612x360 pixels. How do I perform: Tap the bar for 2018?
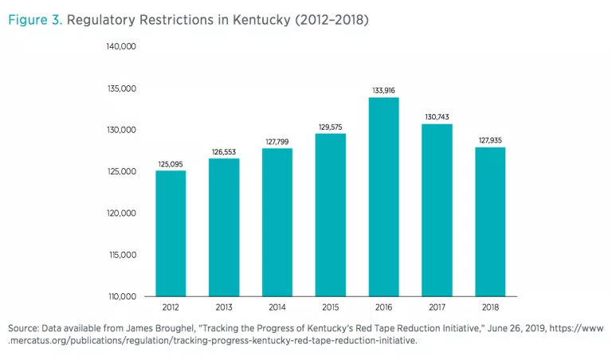pyautogui.click(x=490, y=222)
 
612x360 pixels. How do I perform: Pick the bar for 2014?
pyautogui.click(x=277, y=222)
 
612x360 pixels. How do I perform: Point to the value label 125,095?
pyautogui.click(x=171, y=164)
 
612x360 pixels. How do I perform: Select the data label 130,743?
pyautogui.click(x=437, y=117)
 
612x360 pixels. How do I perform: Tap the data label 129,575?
pyautogui.click(x=330, y=127)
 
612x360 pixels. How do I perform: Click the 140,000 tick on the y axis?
pyautogui.click(x=122, y=46)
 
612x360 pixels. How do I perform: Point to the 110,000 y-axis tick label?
pyautogui.click(x=122, y=297)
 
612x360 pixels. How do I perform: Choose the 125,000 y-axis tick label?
pyautogui.click(x=122, y=171)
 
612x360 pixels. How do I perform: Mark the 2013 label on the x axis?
pyautogui.click(x=224, y=307)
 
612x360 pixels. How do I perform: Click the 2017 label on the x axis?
pyautogui.click(x=437, y=307)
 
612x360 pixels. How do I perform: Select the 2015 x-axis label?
pyautogui.click(x=330, y=307)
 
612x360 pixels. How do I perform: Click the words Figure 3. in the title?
pyautogui.click(x=34, y=20)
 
